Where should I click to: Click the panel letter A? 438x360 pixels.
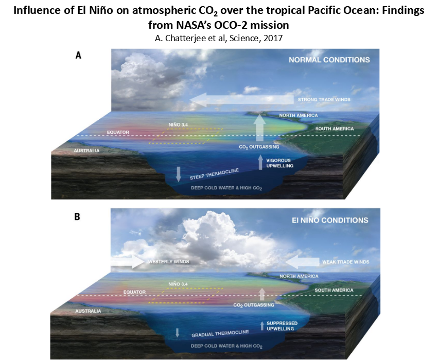(78, 56)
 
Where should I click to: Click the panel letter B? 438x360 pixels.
(77, 217)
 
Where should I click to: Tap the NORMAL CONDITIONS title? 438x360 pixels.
(329, 60)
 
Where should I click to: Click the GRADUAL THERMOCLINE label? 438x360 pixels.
(220, 334)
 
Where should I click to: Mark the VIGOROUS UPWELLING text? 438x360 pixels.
(279, 163)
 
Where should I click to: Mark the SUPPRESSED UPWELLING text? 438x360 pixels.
(281, 326)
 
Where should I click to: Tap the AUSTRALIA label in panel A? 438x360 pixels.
(86, 151)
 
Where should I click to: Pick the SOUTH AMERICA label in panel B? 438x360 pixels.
(334, 290)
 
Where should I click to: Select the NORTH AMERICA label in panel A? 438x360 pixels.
(299, 115)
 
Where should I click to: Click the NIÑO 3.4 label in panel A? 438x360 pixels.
(179, 124)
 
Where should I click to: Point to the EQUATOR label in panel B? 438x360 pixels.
(135, 292)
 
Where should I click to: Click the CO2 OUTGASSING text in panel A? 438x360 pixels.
(259, 147)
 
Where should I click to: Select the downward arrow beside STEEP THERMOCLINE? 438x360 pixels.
(179, 174)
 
